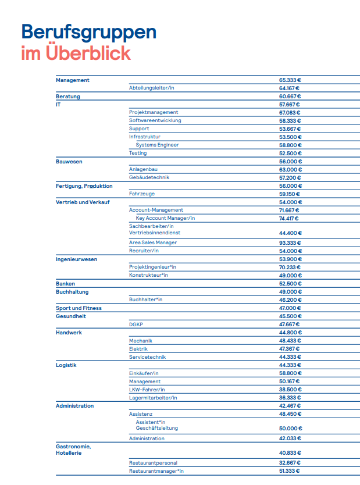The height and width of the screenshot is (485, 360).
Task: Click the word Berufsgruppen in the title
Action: tap(88, 33)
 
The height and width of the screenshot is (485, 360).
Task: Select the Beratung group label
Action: tap(68, 96)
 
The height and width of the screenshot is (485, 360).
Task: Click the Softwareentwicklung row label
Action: tap(155, 120)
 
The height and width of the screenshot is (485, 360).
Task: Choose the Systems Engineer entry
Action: tap(157, 145)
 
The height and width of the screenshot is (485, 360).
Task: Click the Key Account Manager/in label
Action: tap(165, 218)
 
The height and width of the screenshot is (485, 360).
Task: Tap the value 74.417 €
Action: tap(289, 218)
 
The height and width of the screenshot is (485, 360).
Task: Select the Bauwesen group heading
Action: tap(69, 161)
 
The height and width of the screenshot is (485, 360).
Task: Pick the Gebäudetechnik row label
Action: tap(149, 177)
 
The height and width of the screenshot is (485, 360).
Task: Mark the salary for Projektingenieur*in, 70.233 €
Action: tap(290, 267)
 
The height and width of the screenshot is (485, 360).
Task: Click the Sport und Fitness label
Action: tap(79, 308)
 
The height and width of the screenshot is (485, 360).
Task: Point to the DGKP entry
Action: tap(136, 324)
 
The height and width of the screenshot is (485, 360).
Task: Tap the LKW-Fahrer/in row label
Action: tap(147, 390)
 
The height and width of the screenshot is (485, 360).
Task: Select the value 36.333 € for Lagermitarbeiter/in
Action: tap(290, 398)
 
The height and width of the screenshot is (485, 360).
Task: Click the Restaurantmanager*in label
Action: tap(156, 471)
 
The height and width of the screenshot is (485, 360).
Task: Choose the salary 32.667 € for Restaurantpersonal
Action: tap(290, 463)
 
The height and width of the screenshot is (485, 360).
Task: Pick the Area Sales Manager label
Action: tap(153, 243)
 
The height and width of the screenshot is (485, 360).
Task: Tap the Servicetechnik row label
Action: tap(148, 357)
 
